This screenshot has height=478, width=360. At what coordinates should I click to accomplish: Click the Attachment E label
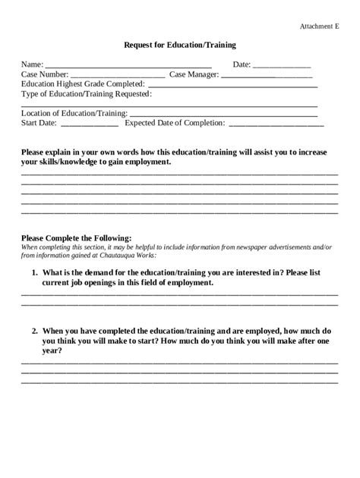coord(319,27)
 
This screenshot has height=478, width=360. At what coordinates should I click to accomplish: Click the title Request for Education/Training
coord(180,46)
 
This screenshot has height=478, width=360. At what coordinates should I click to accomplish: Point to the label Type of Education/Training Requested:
coord(87,95)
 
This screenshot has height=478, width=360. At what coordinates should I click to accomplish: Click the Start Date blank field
coord(89,124)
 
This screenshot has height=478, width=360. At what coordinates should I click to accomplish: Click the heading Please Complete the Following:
coord(77,237)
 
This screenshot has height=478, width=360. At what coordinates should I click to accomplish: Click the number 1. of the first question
coord(35,272)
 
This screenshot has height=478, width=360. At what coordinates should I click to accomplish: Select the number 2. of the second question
coord(35,332)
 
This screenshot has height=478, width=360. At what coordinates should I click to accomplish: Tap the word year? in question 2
coord(52,351)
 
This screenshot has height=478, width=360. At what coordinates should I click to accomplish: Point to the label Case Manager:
coord(194,75)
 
